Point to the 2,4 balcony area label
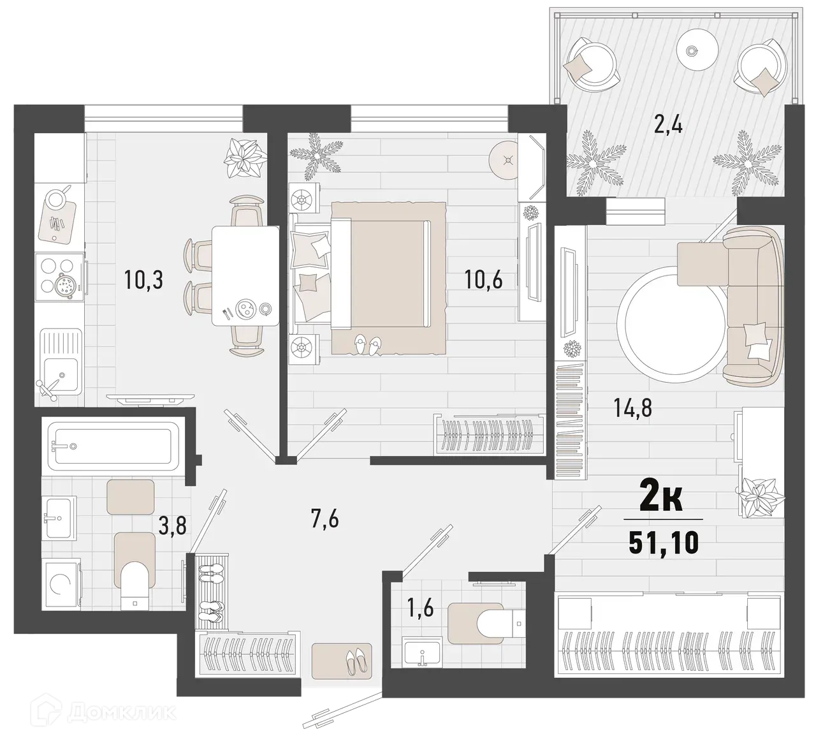coord(668,124)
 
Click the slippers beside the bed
coord(368,344)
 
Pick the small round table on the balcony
coord(692,50)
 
